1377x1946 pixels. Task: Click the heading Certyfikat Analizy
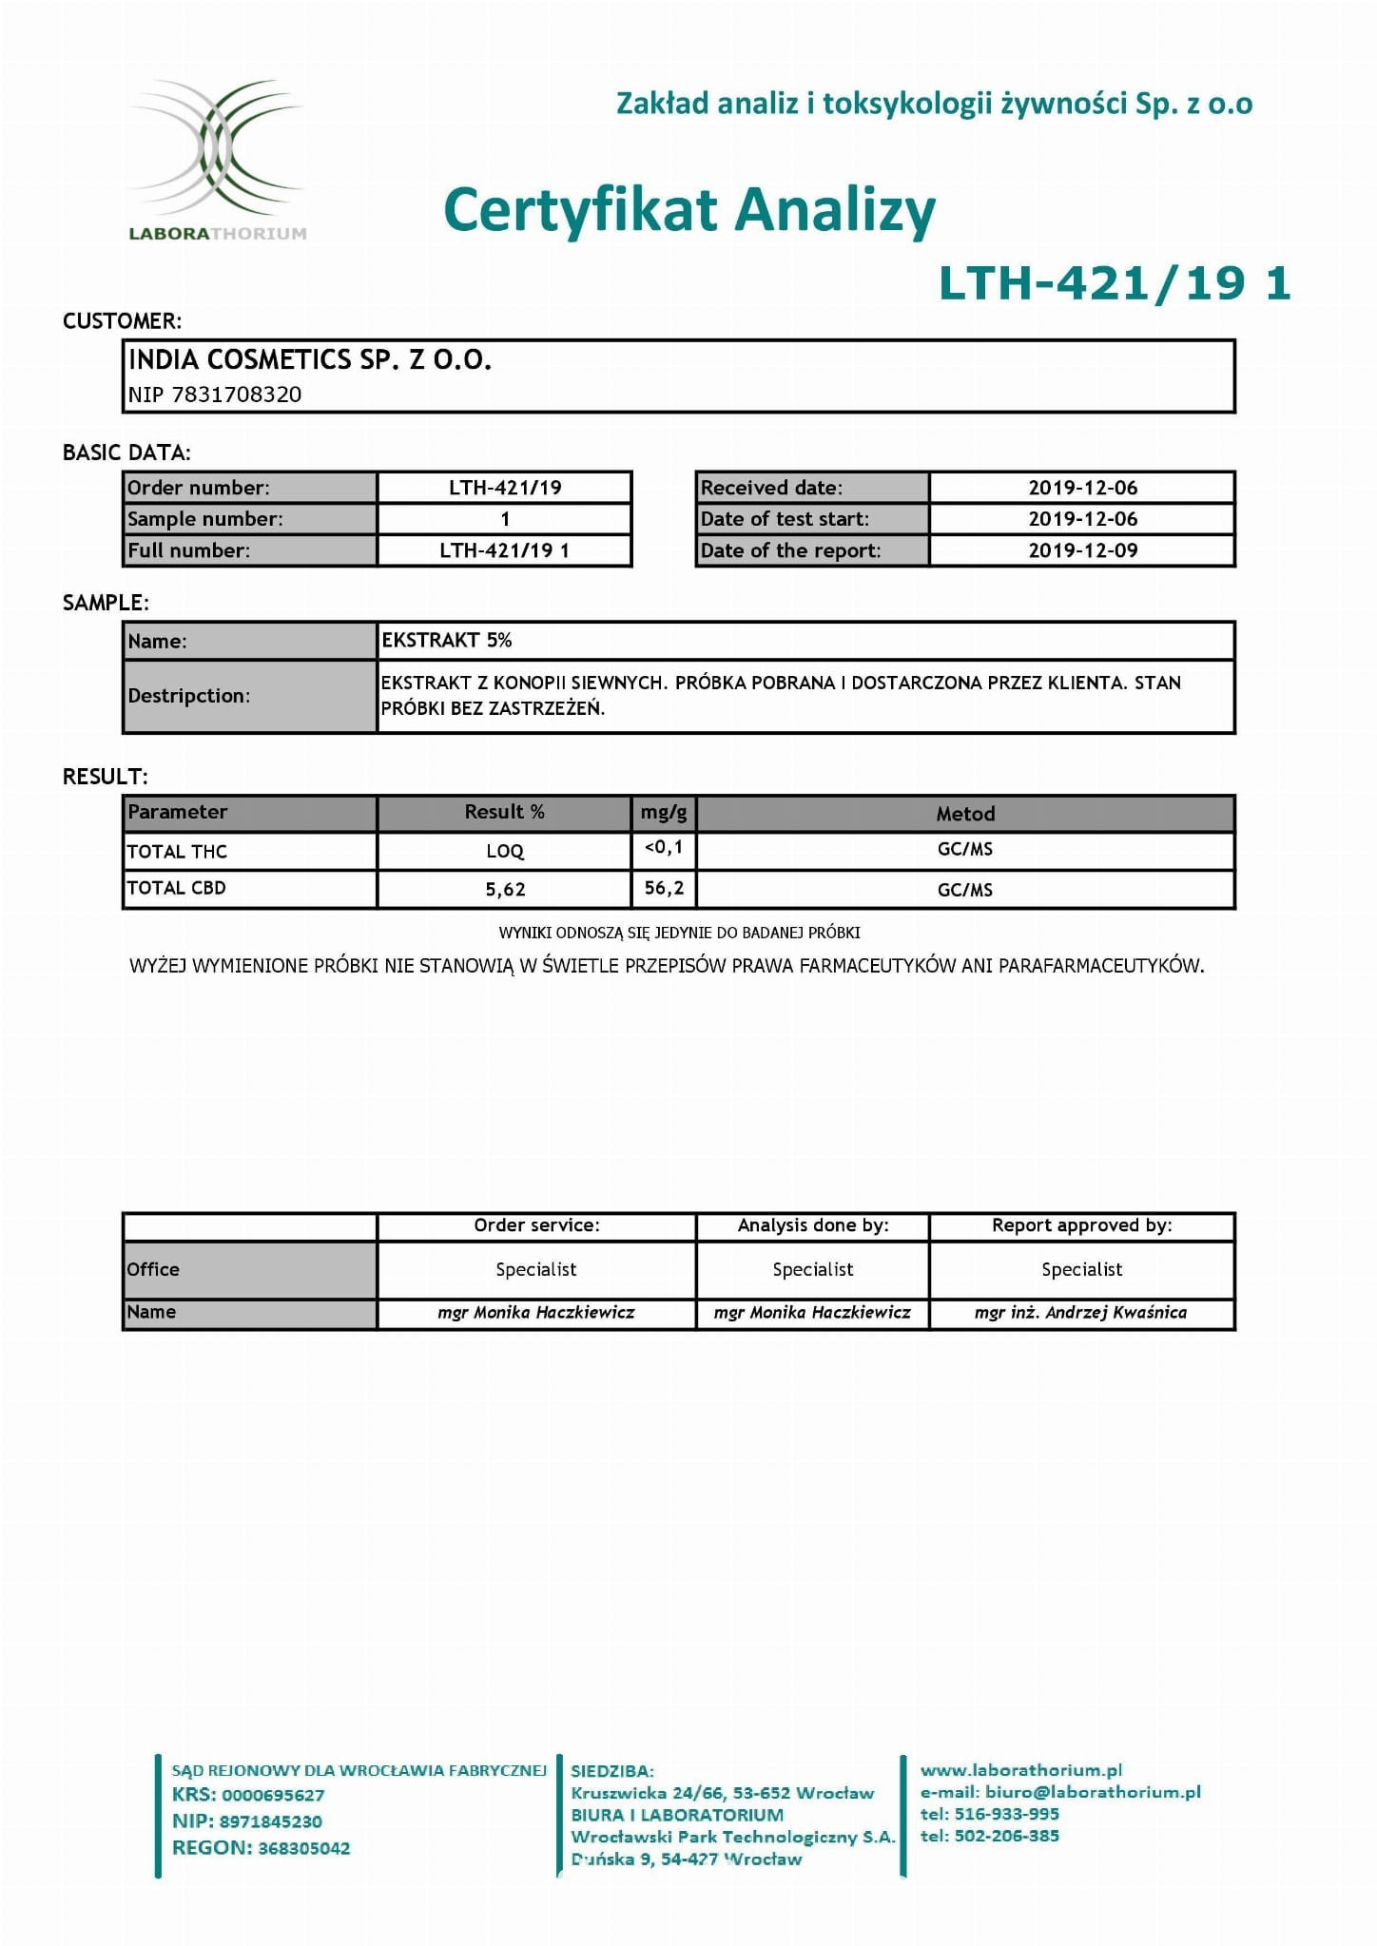point(689,210)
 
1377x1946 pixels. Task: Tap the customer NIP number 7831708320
point(236,395)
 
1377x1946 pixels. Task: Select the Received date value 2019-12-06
point(1082,488)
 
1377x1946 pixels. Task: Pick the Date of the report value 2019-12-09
point(1082,550)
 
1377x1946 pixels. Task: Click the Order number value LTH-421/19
point(505,488)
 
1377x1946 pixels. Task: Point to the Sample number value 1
point(505,519)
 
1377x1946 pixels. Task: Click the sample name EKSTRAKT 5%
point(447,640)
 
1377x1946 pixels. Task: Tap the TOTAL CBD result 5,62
point(505,889)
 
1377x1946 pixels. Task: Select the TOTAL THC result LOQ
point(505,851)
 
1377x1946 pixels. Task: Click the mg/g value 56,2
point(664,888)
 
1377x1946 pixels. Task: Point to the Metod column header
point(965,814)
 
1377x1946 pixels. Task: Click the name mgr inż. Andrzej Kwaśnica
point(1080,1313)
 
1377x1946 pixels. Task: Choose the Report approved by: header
point(1081,1225)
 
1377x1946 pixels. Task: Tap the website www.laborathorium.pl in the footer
point(1021,1770)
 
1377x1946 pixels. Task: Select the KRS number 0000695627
point(273,1795)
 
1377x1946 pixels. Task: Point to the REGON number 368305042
point(303,1848)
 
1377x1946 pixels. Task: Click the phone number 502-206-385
point(1006,1836)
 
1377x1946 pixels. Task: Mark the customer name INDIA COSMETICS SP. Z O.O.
point(309,359)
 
